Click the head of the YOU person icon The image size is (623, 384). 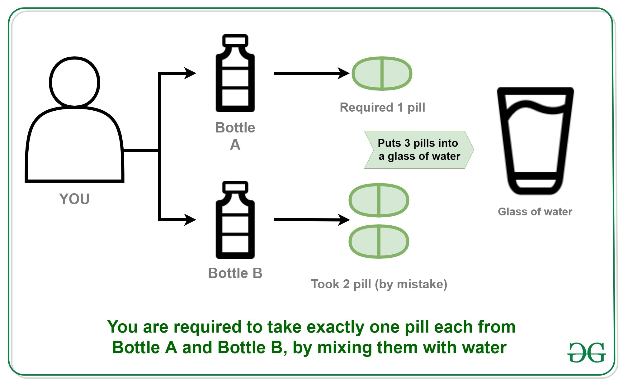(x=74, y=82)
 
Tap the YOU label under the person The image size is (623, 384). (x=74, y=199)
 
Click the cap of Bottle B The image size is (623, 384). (x=235, y=187)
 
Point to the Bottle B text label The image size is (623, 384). (x=235, y=273)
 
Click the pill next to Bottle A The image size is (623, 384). (x=382, y=74)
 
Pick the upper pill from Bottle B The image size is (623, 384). (x=379, y=200)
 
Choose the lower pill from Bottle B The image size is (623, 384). (x=379, y=242)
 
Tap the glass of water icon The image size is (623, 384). (x=535, y=140)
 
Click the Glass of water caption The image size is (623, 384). (x=535, y=212)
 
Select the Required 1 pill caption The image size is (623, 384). (x=382, y=107)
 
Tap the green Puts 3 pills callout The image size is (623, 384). (x=419, y=150)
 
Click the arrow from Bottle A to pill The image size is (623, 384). (x=311, y=73)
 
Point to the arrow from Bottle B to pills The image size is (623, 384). (x=311, y=220)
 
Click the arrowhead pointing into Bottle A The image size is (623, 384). (x=190, y=73)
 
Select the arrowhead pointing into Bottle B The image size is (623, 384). (x=190, y=220)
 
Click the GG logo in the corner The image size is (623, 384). (x=587, y=352)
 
